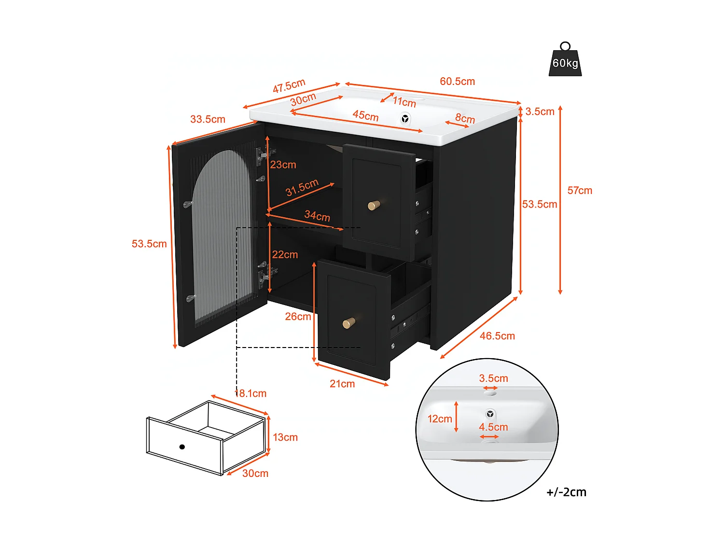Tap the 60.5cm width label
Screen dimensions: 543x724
click(x=457, y=82)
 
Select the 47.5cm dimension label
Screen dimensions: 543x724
click(x=289, y=86)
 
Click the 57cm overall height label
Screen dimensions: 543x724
click(x=580, y=191)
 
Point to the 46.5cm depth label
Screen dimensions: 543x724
click(x=497, y=336)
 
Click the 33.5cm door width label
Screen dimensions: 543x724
click(x=208, y=119)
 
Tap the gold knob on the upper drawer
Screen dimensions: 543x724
click(x=374, y=205)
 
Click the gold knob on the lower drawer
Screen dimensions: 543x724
click(x=348, y=323)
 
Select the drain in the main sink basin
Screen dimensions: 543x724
click(x=405, y=118)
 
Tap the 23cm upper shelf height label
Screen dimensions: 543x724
click(x=283, y=165)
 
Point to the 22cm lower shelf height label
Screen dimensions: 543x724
click(x=285, y=255)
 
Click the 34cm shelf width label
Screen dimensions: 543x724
click(x=317, y=216)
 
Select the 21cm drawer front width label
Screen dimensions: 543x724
click(x=342, y=384)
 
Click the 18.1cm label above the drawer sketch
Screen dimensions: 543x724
click(x=251, y=394)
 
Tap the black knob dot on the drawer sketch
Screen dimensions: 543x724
click(x=182, y=447)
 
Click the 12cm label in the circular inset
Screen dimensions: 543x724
click(x=440, y=419)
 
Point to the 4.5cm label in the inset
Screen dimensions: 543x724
click(x=493, y=427)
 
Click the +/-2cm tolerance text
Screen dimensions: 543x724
click(x=566, y=492)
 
